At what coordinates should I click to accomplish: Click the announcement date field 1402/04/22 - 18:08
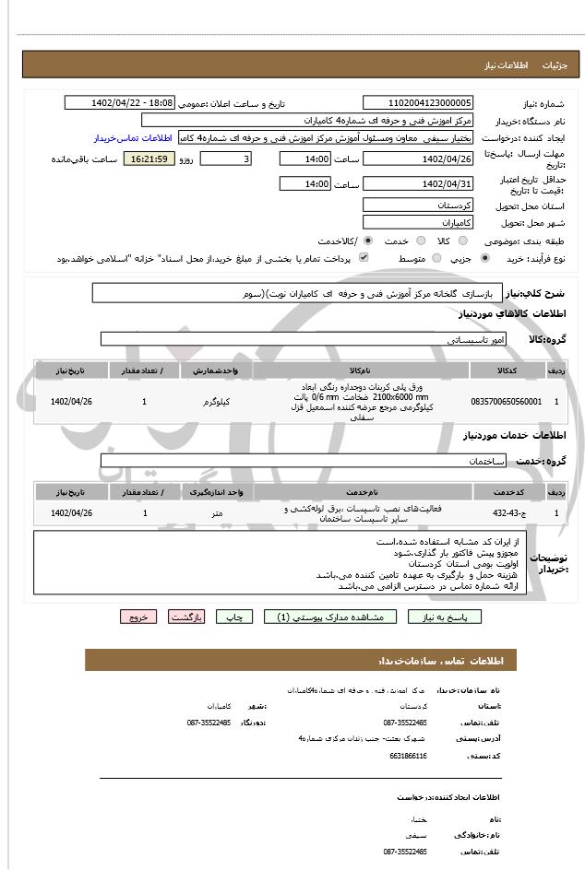click(x=119, y=103)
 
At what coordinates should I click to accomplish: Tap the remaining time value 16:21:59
click(x=150, y=159)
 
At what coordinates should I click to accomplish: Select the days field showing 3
click(x=225, y=159)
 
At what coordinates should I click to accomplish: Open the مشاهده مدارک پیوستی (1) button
click(x=330, y=617)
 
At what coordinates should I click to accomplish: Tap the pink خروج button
click(x=138, y=617)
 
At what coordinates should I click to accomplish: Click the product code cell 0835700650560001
click(x=507, y=402)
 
